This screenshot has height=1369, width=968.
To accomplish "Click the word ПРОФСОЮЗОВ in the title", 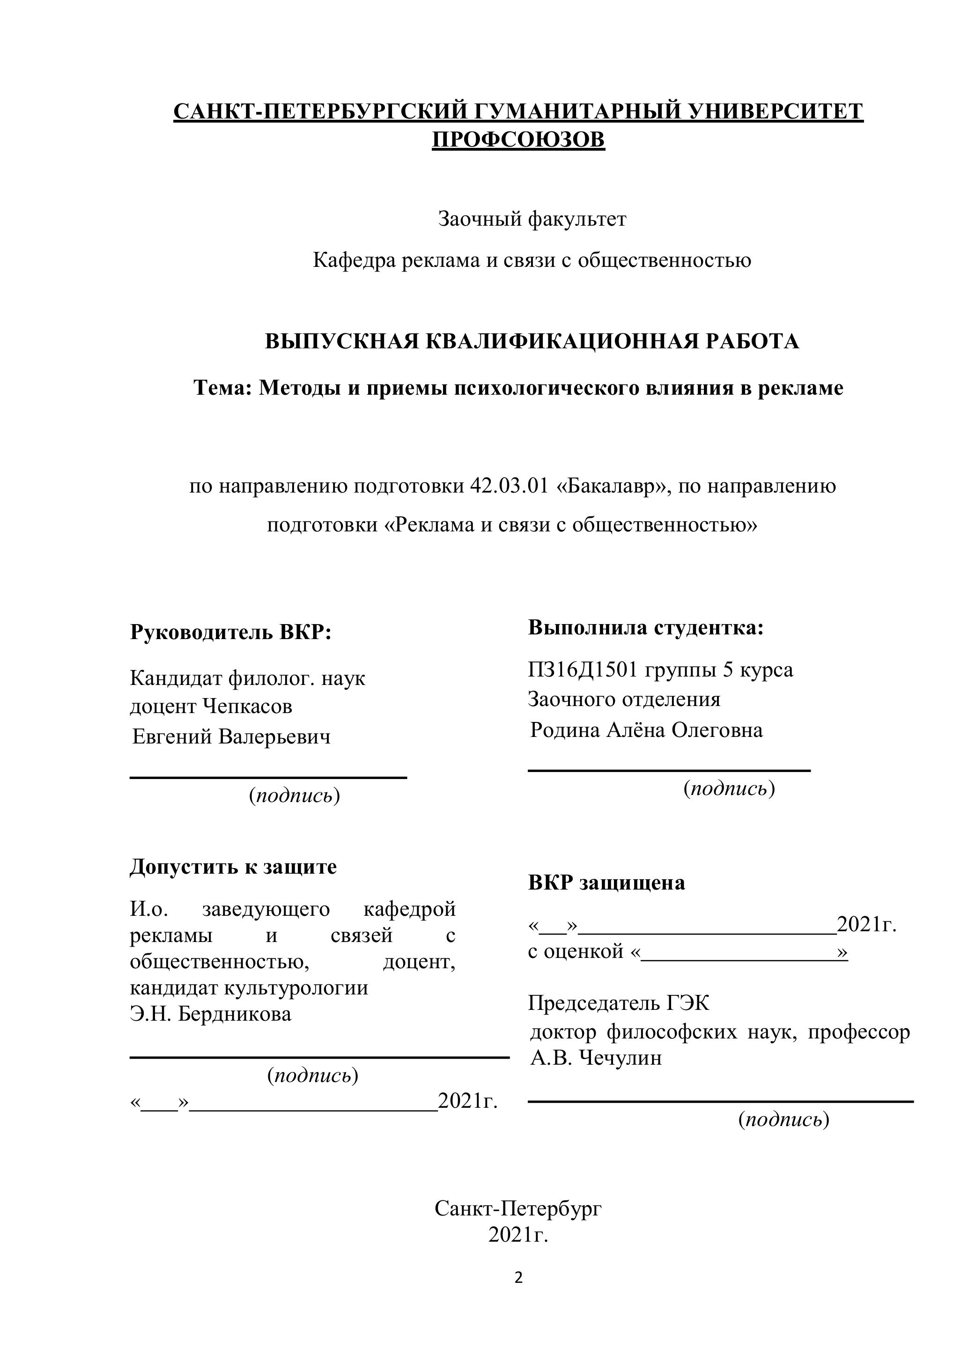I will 517,140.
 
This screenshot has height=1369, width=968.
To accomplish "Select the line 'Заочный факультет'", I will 532,220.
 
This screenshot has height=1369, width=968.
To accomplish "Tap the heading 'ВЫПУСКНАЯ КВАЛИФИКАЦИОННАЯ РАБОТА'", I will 532,342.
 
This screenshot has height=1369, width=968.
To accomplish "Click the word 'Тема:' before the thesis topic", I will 222,388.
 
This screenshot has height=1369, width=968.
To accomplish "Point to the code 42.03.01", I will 509,486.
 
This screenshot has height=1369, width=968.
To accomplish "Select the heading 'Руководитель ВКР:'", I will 230,632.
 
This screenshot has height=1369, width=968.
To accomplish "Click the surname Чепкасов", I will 247,707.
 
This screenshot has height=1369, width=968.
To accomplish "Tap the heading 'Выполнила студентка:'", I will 645,627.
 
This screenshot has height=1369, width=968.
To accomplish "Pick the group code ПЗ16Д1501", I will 583,670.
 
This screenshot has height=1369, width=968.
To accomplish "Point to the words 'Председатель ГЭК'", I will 619,1003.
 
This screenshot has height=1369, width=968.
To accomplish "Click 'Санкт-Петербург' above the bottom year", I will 517,1209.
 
